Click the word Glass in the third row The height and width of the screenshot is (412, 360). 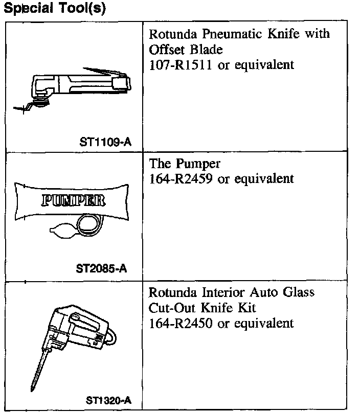click(296, 292)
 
